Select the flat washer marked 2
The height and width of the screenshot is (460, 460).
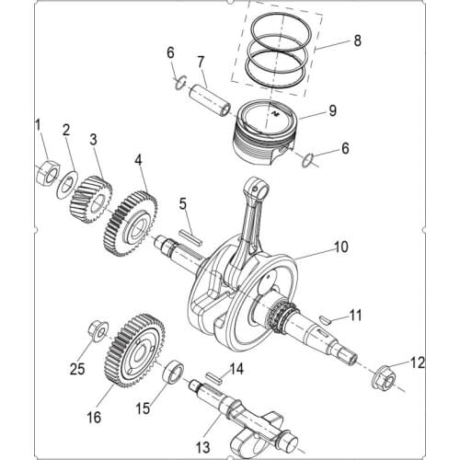[x=67, y=180]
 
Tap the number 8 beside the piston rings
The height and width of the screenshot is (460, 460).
[x=358, y=40]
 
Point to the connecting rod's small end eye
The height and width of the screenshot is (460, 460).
[x=259, y=189]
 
